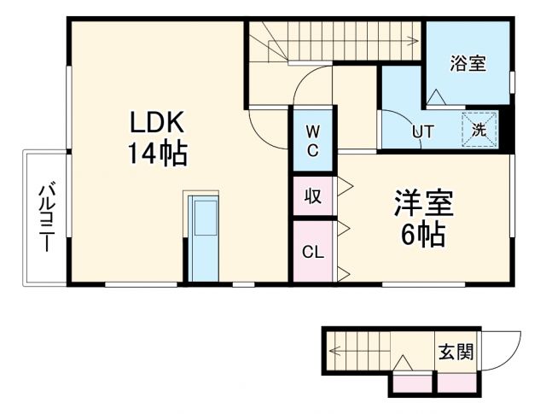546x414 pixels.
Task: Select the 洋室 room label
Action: [x=423, y=203]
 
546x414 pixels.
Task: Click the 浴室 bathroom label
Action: [x=468, y=63]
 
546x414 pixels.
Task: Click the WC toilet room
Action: [x=313, y=141]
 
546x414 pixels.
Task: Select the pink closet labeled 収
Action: [x=313, y=197]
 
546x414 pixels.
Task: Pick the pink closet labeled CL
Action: [x=312, y=252]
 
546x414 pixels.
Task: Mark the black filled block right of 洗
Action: [x=502, y=131]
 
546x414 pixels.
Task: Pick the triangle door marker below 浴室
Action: [x=435, y=96]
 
